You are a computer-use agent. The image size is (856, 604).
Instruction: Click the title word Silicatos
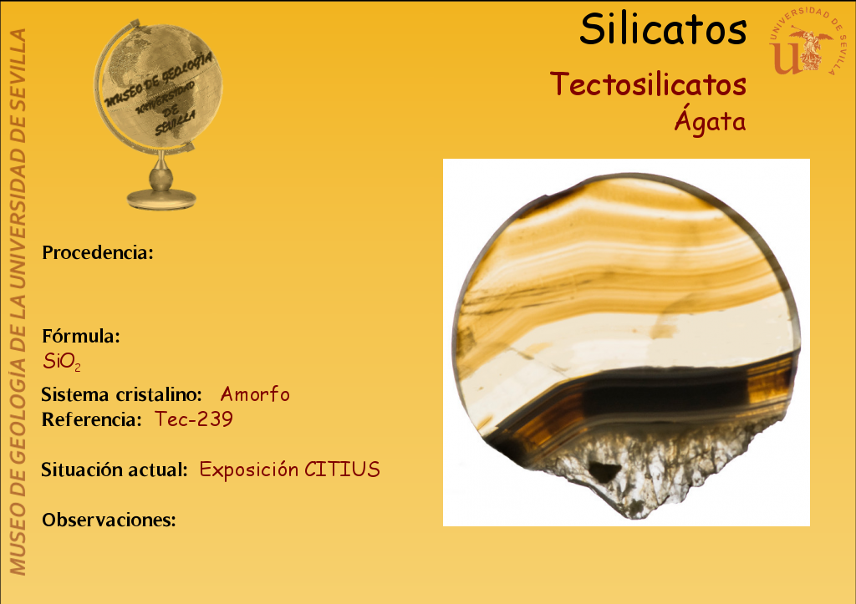(x=663, y=29)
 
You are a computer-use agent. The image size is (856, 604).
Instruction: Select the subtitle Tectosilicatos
(x=648, y=84)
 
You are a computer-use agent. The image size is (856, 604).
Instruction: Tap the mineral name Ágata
(x=710, y=119)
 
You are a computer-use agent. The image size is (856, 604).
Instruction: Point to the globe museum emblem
(x=159, y=114)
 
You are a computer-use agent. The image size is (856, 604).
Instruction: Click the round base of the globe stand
(x=161, y=199)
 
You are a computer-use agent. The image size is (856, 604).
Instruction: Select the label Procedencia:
(x=98, y=252)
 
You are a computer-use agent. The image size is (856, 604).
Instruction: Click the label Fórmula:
(x=81, y=336)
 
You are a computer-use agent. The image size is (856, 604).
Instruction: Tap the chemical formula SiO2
(x=62, y=361)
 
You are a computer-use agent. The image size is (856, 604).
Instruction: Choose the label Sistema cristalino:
(x=122, y=394)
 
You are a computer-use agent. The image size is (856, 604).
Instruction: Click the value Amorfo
(x=255, y=394)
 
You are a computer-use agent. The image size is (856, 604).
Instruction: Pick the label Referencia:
(x=92, y=419)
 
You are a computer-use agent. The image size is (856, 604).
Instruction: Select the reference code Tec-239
(x=194, y=419)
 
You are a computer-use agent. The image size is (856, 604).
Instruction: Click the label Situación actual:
(x=115, y=469)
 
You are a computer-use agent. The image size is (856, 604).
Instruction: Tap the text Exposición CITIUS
(x=289, y=469)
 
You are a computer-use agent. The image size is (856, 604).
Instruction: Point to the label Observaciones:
(x=110, y=520)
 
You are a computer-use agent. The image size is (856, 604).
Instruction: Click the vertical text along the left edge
(x=18, y=302)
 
